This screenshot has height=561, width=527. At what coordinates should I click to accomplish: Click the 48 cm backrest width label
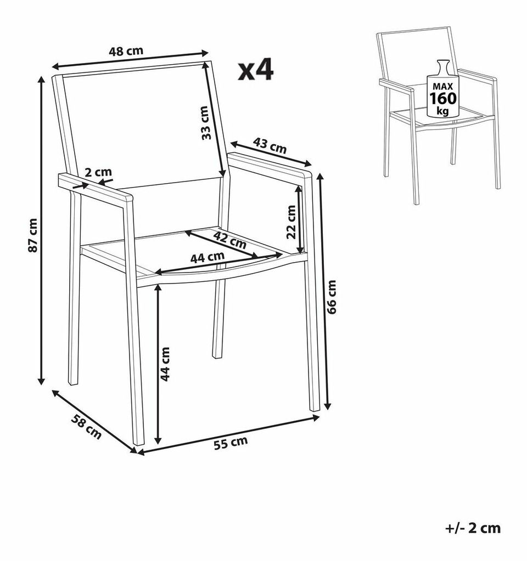(126, 51)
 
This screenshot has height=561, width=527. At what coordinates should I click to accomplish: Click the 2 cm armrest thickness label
(98, 172)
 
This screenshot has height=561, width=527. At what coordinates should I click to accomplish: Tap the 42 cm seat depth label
(229, 240)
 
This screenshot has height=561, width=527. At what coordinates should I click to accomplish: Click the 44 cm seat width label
(207, 257)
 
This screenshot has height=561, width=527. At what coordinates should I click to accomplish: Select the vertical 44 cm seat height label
(165, 364)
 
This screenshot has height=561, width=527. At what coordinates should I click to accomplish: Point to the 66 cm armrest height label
(332, 297)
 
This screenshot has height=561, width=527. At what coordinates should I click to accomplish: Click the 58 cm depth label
(86, 426)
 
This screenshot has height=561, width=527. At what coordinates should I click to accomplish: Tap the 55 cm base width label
(231, 443)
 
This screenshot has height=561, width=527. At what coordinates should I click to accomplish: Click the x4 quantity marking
(256, 70)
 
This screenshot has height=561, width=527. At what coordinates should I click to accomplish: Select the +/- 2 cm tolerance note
(473, 528)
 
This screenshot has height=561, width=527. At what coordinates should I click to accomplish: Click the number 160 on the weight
(443, 98)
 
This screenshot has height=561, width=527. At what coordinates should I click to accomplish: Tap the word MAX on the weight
(443, 86)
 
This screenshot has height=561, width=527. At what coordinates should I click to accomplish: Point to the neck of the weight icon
(443, 67)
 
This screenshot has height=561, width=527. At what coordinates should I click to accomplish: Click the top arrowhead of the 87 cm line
(42, 80)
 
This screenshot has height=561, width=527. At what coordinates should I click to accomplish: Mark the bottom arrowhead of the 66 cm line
(327, 405)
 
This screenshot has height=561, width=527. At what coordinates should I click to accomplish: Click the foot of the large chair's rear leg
(216, 355)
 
